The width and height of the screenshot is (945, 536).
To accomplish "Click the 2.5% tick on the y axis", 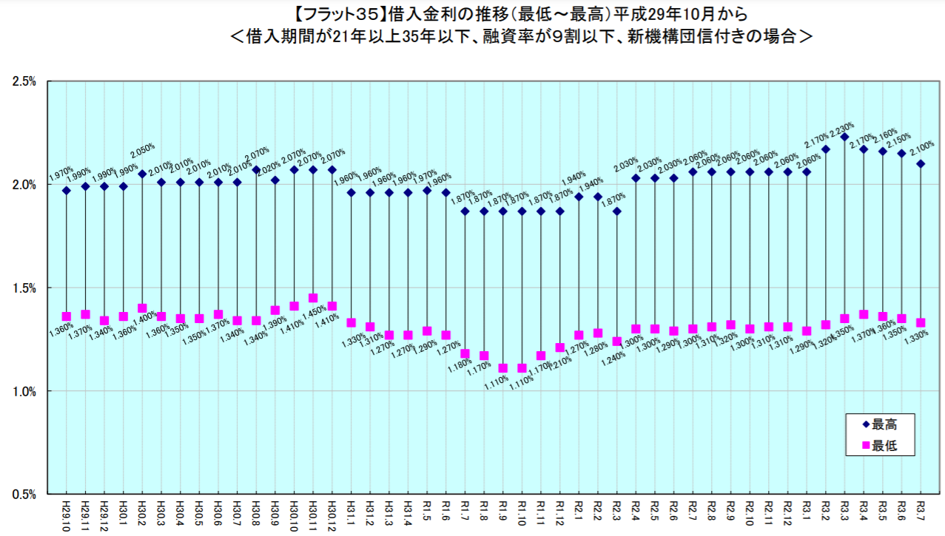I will point(24,81).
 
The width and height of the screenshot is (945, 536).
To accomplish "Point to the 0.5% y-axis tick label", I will point(24,495).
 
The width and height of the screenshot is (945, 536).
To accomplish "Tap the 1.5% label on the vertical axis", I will point(24,288).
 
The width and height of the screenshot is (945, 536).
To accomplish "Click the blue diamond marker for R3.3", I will point(844,137).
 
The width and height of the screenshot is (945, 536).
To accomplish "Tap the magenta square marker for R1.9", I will point(503,368).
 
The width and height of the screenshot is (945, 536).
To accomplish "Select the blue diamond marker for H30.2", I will point(142,174).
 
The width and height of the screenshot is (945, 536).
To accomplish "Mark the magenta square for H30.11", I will point(313,298).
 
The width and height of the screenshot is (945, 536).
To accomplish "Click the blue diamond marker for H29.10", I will point(67,191).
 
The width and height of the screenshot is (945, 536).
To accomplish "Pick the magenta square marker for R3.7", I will point(921,322).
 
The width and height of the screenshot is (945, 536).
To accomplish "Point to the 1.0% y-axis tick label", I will point(24,391).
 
